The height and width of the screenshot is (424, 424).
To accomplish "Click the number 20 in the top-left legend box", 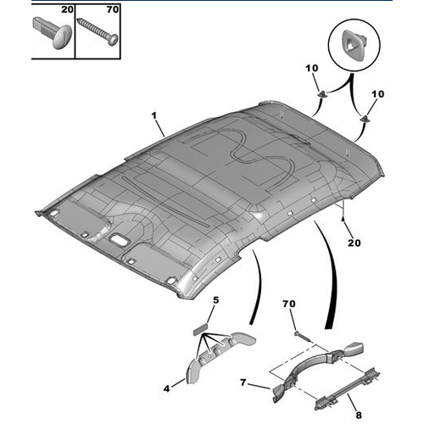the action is pyautogui.click(x=67, y=9).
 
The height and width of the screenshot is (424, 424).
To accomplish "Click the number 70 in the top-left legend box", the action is pyautogui.click(x=113, y=9).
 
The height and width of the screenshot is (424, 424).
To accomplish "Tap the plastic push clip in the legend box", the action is pyautogui.click(x=53, y=33).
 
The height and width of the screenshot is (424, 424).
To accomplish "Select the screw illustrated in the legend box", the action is pyautogui.click(x=98, y=32).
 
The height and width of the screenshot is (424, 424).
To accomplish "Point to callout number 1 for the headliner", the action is pyautogui.click(x=154, y=115).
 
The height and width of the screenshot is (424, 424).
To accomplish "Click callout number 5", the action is pyautogui.click(x=216, y=300).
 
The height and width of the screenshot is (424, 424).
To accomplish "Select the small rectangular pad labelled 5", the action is pyautogui.click(x=200, y=330).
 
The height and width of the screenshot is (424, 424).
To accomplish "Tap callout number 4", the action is pyautogui.click(x=167, y=388).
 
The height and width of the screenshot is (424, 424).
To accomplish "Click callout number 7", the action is pyautogui.click(x=243, y=382).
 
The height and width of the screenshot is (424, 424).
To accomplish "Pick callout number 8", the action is pyautogui.click(x=359, y=415).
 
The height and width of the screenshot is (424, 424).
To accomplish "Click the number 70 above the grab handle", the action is pyautogui.click(x=289, y=304).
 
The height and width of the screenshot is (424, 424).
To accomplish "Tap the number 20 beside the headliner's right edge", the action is pyautogui.click(x=354, y=243).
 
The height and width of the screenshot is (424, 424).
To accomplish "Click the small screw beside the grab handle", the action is pyautogui.click(x=303, y=337).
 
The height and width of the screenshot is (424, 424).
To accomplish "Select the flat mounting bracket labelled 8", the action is pyautogui.click(x=348, y=388).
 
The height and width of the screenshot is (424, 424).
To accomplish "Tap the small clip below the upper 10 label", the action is pyautogui.click(x=322, y=93).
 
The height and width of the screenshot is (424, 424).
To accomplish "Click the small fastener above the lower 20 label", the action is pyautogui.click(x=343, y=219).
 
